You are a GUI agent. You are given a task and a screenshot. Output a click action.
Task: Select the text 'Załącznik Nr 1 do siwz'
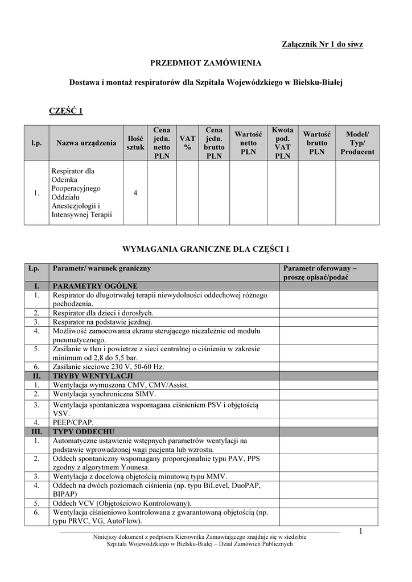[322, 44]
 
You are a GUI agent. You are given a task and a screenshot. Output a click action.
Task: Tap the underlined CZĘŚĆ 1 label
[67, 110]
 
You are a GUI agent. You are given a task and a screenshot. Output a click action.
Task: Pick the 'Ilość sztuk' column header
[135, 143]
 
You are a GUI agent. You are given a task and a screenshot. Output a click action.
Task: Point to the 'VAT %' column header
[187, 143]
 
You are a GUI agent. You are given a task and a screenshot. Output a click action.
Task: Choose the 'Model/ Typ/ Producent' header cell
[357, 143]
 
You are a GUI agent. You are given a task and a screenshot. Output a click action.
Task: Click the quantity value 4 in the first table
[135, 193]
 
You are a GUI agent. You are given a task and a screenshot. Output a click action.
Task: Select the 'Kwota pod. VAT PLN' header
[283, 143]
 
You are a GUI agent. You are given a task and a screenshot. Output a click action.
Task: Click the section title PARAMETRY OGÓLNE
[95, 286]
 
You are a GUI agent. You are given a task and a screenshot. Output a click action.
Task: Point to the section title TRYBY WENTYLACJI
[93, 376]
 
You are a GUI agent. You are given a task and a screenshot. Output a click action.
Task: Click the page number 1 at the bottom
[361, 531]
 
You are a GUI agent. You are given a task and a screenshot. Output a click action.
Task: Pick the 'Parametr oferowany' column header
[320, 272]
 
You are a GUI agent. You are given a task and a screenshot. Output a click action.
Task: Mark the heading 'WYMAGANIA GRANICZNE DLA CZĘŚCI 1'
[206, 249]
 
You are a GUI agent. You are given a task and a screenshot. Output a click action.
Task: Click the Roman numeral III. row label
[36, 431]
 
